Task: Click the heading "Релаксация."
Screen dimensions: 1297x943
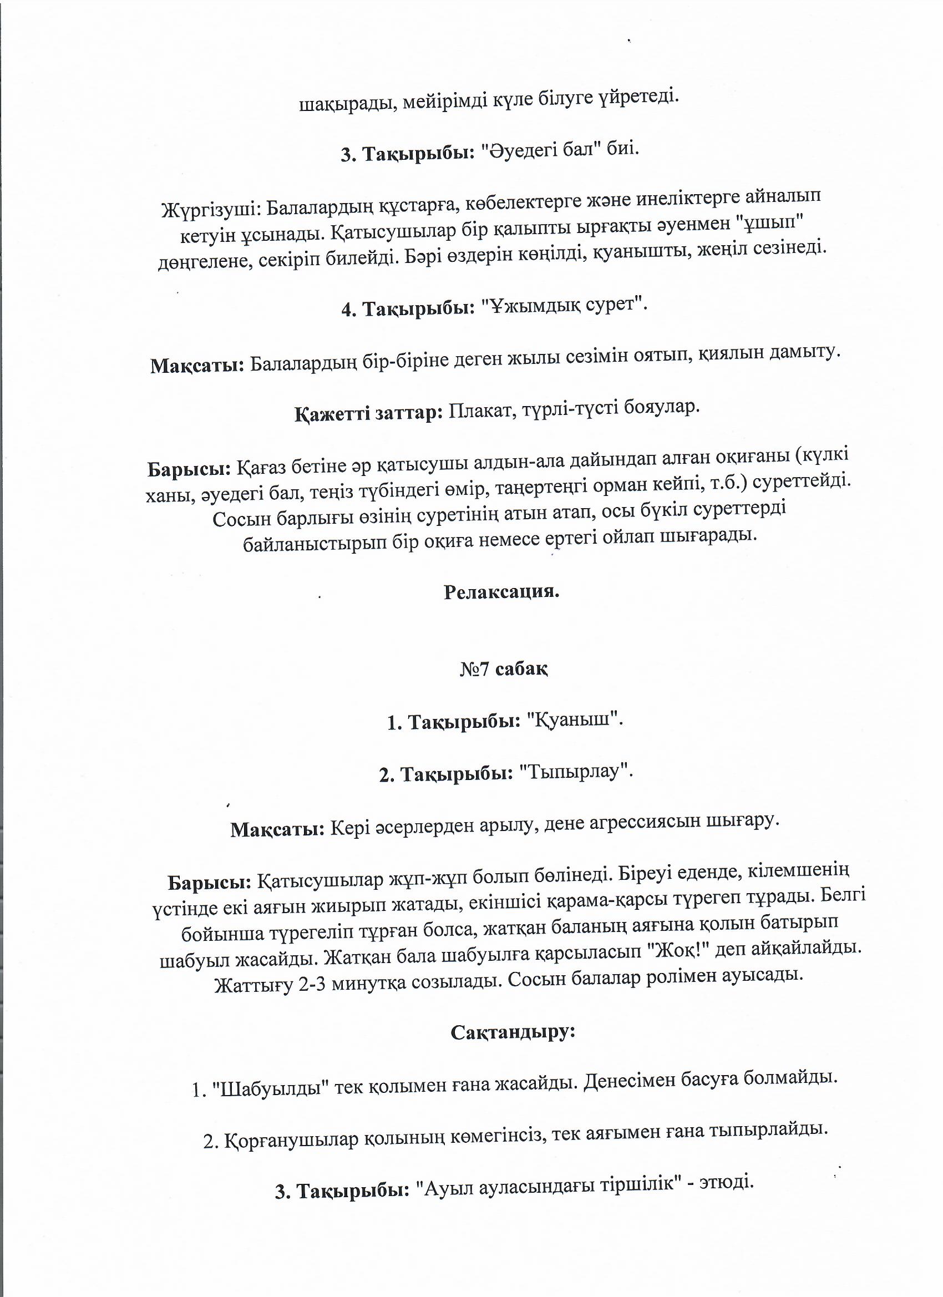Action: click(501, 592)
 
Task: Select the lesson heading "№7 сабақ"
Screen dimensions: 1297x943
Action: click(504, 669)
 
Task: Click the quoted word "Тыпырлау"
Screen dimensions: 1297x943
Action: click(575, 772)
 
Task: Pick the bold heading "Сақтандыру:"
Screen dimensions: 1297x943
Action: click(513, 1032)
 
